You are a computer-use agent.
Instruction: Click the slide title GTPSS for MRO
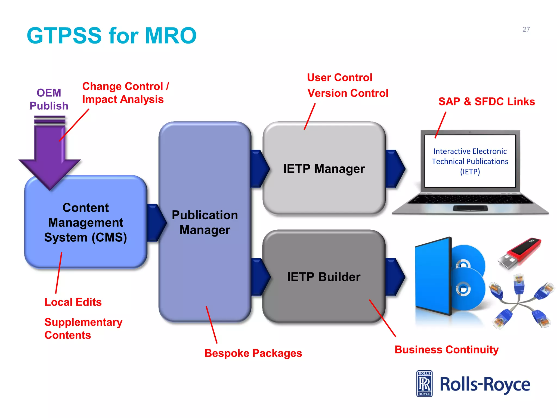coord(112,36)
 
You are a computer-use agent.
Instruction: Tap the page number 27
coord(526,29)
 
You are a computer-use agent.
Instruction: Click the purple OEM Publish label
coord(49,99)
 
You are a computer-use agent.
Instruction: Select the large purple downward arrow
coord(49,155)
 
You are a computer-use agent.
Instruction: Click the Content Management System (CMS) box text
coord(86,222)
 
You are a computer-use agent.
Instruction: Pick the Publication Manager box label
coord(205,222)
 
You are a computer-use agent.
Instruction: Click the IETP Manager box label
coord(324,169)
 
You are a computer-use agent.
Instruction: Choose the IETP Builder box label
coord(324,277)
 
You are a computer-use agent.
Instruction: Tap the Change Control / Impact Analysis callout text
coord(125,93)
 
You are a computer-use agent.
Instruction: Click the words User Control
coord(339,78)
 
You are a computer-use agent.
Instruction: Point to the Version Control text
coord(348,93)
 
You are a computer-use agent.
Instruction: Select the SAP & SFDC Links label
coord(486,102)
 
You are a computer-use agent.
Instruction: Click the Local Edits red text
coord(73,302)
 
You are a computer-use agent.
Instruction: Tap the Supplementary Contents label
coord(83,328)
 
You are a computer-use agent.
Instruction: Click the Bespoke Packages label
coord(253,353)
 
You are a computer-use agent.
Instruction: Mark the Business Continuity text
coord(446,350)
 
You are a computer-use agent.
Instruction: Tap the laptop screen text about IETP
coord(470,161)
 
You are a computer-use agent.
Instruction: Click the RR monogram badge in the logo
coord(424,384)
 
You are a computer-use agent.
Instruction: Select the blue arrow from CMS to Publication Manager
coord(156,223)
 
